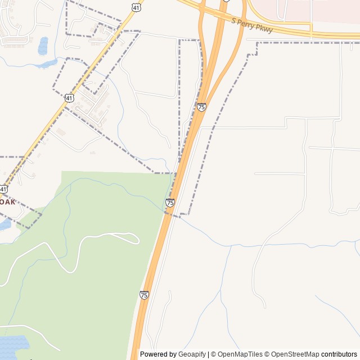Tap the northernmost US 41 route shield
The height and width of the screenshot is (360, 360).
(x=137, y=7)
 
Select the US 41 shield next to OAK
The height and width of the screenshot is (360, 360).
(x=3, y=190)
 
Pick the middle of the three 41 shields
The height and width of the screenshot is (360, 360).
(x=69, y=98)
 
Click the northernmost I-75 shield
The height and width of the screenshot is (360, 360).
(x=201, y=107)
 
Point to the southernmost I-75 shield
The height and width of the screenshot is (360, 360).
(x=144, y=295)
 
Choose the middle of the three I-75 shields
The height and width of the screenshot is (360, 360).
(x=170, y=202)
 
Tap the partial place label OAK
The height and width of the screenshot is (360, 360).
(x=7, y=201)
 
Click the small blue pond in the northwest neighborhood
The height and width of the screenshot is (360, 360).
(x=43, y=46)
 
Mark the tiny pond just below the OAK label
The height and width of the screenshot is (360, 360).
(x=4, y=224)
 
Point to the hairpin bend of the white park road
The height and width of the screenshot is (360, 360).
(x=136, y=238)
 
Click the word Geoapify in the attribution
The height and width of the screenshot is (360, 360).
(x=192, y=354)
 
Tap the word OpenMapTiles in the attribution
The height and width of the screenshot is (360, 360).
(x=240, y=354)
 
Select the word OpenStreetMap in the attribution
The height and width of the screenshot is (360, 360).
(x=295, y=354)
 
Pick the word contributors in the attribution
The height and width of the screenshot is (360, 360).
(x=339, y=354)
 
